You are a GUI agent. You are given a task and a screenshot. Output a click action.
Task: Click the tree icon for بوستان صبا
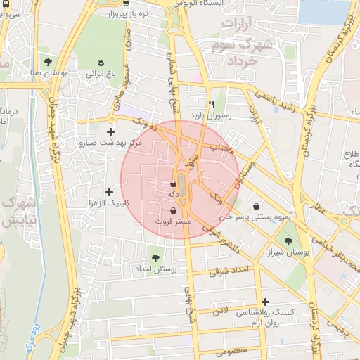pos(48,60)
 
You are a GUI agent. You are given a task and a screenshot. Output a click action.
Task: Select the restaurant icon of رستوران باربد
pos(210,102)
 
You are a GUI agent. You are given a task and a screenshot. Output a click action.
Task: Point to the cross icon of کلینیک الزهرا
pos(109,192)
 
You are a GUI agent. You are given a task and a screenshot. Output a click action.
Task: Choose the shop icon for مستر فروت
pos(173,210)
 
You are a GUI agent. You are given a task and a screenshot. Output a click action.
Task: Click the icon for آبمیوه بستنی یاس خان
pos(257,207)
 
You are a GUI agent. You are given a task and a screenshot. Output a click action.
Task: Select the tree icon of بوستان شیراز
pos(288,241)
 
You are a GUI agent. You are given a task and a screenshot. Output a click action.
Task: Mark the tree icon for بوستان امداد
pos(155,257)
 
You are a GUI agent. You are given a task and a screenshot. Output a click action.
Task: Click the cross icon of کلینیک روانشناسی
pos(265,301)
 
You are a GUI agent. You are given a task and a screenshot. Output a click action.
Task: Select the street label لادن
pos(221,309)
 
